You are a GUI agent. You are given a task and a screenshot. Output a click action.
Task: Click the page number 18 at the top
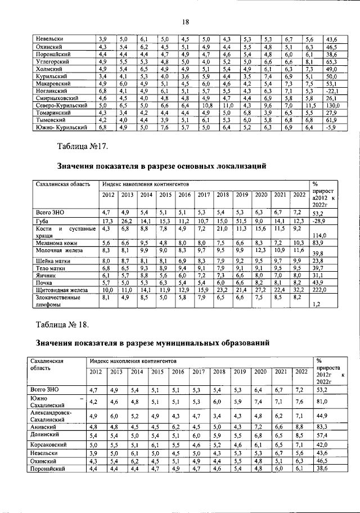coord(183,22)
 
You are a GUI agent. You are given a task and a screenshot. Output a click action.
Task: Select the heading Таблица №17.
coord(83,147)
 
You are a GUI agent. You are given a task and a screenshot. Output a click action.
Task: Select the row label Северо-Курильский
coord(61,105)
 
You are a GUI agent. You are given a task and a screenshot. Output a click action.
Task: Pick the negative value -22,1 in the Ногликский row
coord(332,90)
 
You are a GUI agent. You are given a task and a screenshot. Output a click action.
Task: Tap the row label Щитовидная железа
coord(61,289)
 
